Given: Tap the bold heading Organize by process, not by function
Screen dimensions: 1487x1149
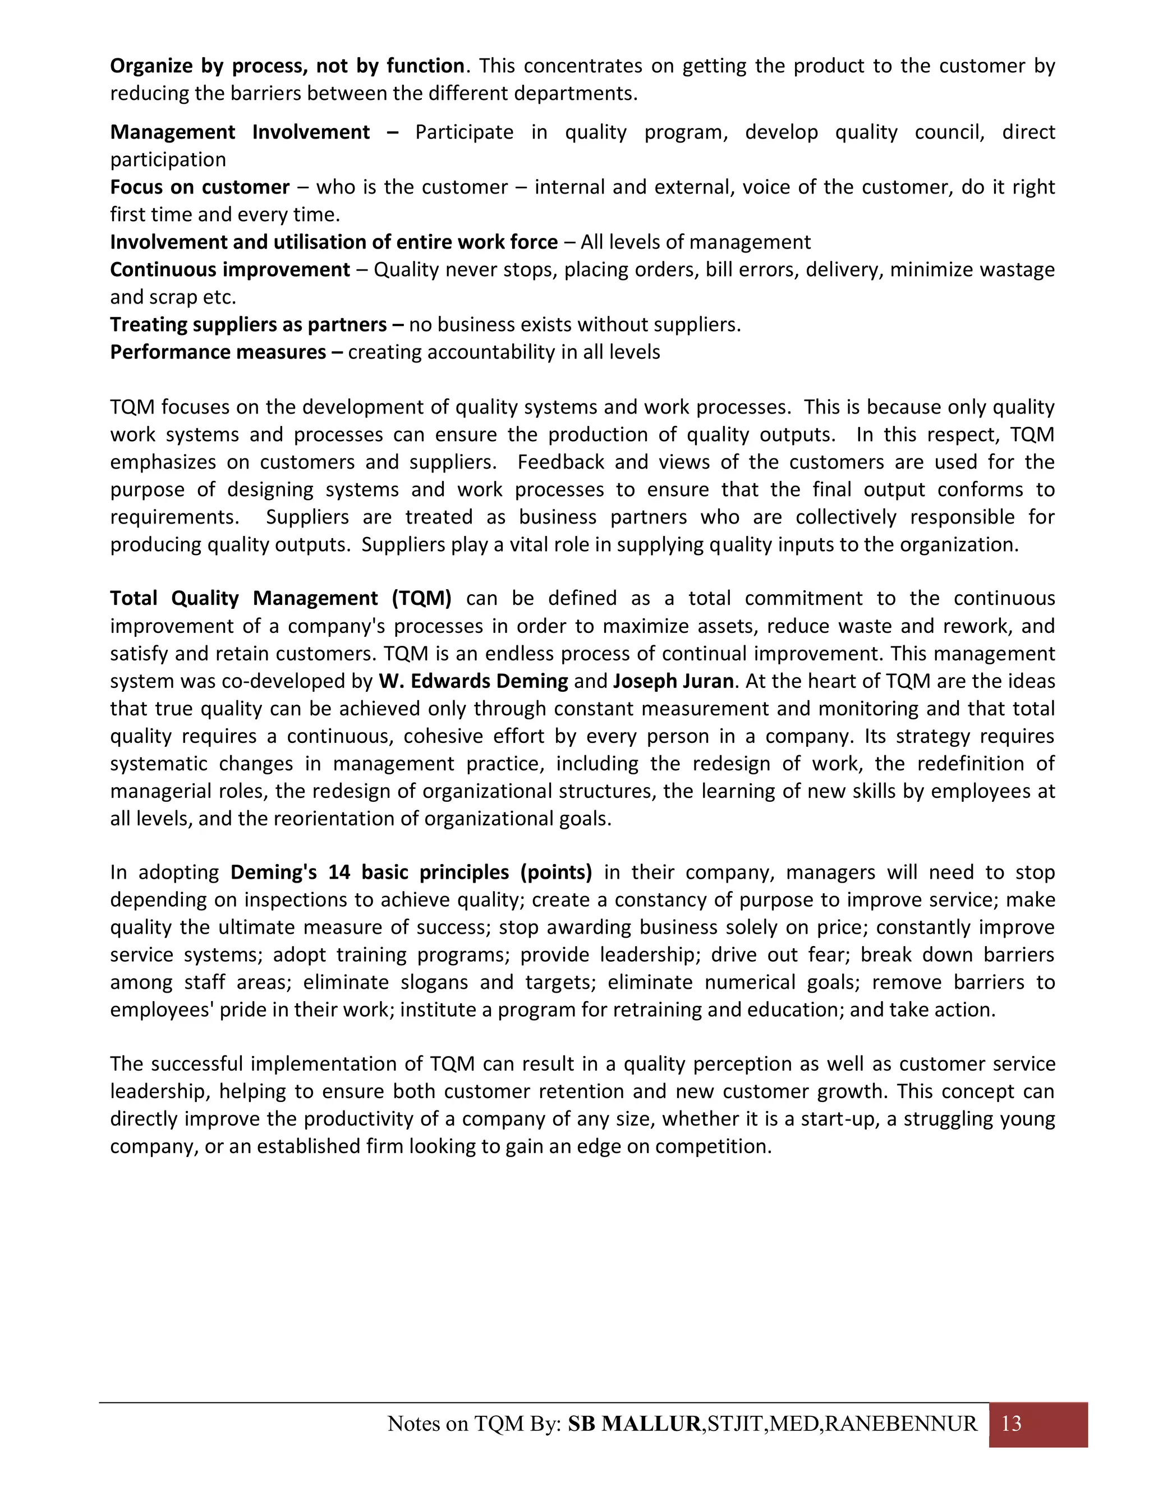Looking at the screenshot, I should [287, 66].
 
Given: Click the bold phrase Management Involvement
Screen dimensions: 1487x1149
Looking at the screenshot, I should [240, 132].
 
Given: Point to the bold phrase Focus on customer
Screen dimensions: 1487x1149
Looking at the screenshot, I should [199, 187].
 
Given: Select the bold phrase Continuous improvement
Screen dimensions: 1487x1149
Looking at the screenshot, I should [229, 269].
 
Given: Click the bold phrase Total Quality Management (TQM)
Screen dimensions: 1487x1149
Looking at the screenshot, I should [281, 599].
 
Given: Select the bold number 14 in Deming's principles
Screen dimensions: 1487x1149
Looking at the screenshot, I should [339, 872].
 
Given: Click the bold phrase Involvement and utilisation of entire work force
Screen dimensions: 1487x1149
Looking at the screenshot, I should [334, 242].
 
